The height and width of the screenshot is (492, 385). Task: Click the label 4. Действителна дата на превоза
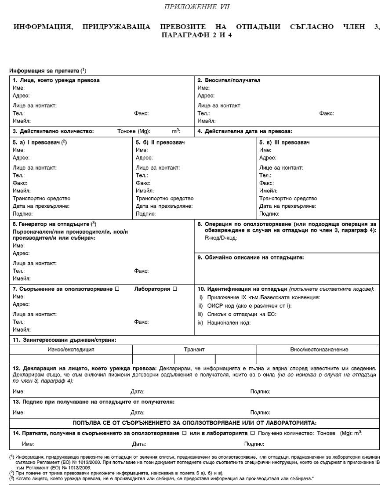(x=245, y=131)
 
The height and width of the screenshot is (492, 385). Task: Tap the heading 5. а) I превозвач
(x=39, y=143)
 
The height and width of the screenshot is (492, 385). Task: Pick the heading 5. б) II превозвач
(x=160, y=143)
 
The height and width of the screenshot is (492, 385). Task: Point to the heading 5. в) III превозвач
(x=284, y=143)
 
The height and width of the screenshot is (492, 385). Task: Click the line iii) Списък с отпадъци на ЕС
(x=237, y=314)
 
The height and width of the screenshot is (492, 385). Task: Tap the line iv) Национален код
(x=224, y=322)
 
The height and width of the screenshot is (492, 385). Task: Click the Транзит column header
(x=194, y=350)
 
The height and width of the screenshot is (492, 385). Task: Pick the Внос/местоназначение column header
(x=320, y=350)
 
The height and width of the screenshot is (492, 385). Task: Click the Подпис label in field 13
(x=260, y=412)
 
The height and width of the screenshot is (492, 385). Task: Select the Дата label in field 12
(x=138, y=391)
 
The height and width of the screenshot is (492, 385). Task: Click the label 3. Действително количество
(x=54, y=131)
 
